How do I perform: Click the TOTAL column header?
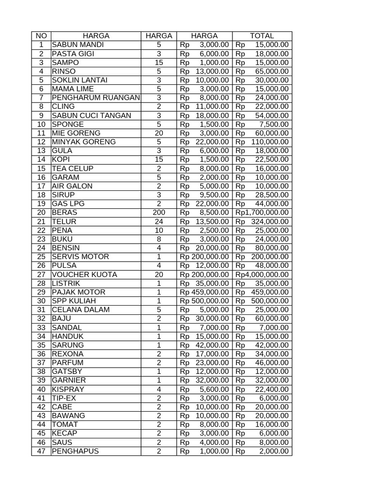262,36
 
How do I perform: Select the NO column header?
41,36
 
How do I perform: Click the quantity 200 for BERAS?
158,213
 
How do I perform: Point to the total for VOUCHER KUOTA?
262,275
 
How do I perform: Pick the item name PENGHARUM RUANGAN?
95,98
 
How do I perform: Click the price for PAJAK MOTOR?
204,292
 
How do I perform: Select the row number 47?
41,451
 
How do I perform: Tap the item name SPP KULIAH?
73,301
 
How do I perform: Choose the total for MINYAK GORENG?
262,142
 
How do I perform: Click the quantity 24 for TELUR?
158,221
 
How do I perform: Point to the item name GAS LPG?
68,204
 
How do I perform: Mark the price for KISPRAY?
204,389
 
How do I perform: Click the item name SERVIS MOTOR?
80,257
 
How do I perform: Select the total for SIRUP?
262,195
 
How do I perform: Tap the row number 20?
41,213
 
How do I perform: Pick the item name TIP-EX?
64,398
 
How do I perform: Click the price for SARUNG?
204,345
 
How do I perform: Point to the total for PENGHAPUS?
262,451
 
